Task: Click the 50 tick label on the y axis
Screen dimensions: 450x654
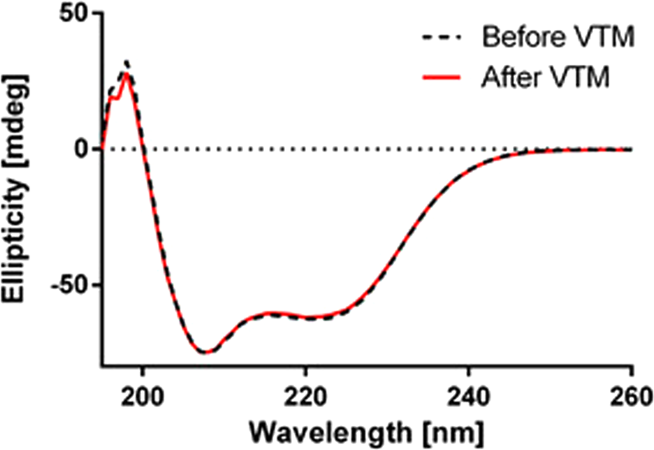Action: point(70,15)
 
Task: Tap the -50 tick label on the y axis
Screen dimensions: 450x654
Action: point(65,285)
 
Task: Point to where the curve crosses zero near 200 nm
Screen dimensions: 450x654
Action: point(143,149)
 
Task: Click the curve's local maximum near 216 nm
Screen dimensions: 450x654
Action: point(272,313)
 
